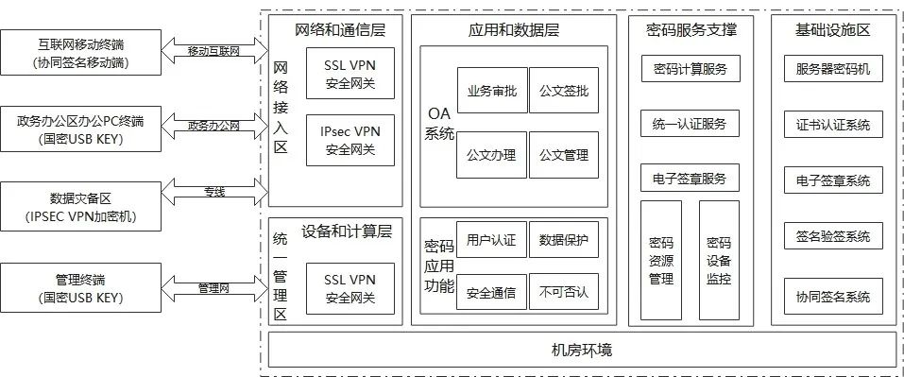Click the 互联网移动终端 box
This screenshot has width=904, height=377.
tap(80, 53)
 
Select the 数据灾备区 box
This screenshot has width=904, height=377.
tap(80, 207)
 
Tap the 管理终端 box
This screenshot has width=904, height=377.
tap(80, 288)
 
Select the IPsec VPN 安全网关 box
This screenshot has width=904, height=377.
tap(350, 140)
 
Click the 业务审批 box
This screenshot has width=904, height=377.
tap(492, 91)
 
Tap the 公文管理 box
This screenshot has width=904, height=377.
tap(564, 155)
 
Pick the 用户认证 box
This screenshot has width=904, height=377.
tap(492, 240)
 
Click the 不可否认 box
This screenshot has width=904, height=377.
tap(564, 292)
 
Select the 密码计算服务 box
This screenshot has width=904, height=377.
tap(691, 69)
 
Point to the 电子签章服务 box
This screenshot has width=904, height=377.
tap(691, 179)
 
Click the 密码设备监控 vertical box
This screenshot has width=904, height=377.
tap(719, 260)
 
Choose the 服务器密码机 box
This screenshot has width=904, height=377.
tap(833, 69)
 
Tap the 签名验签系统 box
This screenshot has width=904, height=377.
tap(833, 236)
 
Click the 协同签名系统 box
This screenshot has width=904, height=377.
tap(833, 297)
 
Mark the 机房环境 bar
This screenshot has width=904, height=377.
tap(582, 350)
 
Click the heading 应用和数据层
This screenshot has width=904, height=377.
tap(513, 29)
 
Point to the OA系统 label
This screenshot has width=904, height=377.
tap(439, 124)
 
